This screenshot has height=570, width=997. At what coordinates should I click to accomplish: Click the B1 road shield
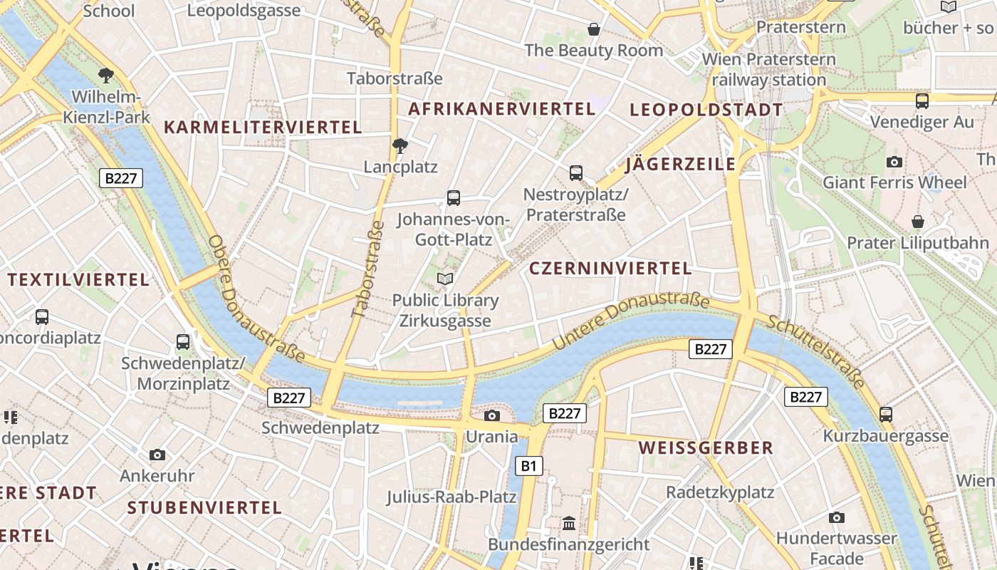[528, 466]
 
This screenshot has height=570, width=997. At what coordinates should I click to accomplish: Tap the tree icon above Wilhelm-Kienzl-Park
[106, 74]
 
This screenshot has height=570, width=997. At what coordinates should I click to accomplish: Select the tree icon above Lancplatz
[400, 146]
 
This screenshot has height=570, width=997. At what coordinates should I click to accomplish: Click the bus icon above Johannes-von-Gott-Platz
[453, 197]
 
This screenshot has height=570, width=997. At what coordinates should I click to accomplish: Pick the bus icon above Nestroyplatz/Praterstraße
[575, 172]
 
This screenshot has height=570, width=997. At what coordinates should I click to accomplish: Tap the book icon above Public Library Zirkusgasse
[445, 279]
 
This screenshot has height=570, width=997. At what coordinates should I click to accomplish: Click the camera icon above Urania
[491, 415]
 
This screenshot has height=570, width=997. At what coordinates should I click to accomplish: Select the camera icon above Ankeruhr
[157, 455]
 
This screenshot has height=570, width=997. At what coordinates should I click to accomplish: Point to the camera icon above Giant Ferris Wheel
[894, 162]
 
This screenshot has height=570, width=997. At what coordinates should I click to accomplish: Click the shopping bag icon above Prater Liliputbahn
[917, 222]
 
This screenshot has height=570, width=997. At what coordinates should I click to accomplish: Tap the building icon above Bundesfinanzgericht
[568, 524]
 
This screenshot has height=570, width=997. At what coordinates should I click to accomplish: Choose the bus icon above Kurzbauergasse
[885, 414]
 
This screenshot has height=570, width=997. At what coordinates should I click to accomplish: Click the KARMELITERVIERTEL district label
[263, 128]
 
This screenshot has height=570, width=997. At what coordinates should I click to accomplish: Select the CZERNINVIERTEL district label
[610, 269]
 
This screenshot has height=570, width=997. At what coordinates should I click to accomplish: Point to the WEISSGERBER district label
[706, 447]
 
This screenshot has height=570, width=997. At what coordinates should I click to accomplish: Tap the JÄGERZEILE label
[680, 165]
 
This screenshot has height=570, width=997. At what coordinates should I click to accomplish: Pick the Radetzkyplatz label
[719, 492]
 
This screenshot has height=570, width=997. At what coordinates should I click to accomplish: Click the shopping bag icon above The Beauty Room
[593, 29]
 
